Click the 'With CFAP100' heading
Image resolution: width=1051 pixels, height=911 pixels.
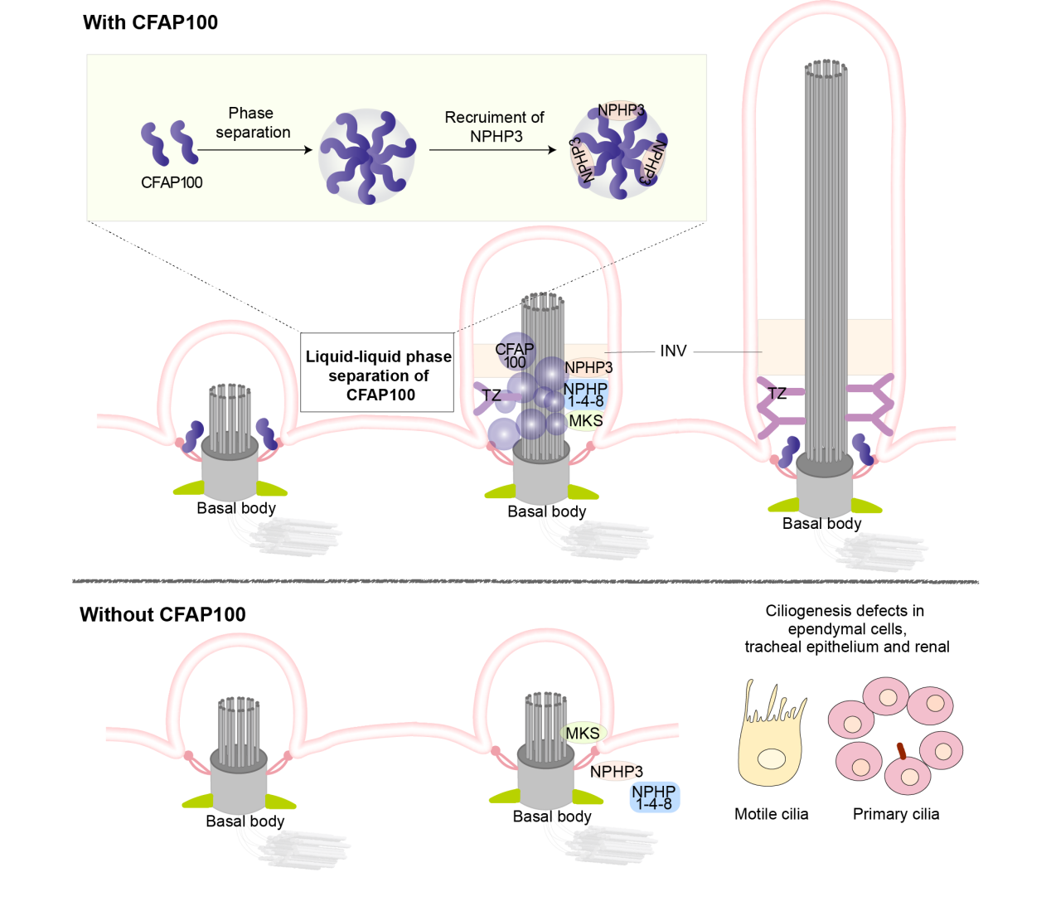[151, 22]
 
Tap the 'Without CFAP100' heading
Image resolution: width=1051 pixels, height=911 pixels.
[162, 614]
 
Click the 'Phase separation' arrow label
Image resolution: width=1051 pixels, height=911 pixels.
[253, 123]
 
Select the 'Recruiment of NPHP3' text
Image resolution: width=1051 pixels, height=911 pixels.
[494, 127]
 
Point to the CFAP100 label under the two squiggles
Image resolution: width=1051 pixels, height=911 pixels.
[172, 182]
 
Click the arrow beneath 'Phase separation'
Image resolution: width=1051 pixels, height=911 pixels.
[254, 149]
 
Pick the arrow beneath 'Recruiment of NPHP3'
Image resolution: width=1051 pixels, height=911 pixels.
[492, 149]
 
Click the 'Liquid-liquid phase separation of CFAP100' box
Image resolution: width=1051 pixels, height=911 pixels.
[377, 372]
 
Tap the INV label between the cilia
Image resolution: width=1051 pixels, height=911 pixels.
[673, 351]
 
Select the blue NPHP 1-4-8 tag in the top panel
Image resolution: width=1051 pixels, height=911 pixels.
[586, 395]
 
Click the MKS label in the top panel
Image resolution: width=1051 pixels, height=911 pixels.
[586, 420]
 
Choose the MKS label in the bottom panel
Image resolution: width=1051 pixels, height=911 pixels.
[583, 733]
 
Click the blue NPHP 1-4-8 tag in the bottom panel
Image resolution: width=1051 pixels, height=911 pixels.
[654, 797]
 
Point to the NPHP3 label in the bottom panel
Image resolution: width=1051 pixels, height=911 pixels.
[617, 772]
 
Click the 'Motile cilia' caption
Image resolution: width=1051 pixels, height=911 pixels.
[771, 814]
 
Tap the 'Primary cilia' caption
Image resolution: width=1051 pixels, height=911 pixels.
[896, 814]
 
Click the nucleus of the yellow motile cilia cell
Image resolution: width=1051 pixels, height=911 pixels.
[772, 758]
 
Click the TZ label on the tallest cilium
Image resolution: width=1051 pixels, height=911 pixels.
[777, 393]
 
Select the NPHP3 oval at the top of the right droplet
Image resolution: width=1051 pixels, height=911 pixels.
[620, 110]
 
